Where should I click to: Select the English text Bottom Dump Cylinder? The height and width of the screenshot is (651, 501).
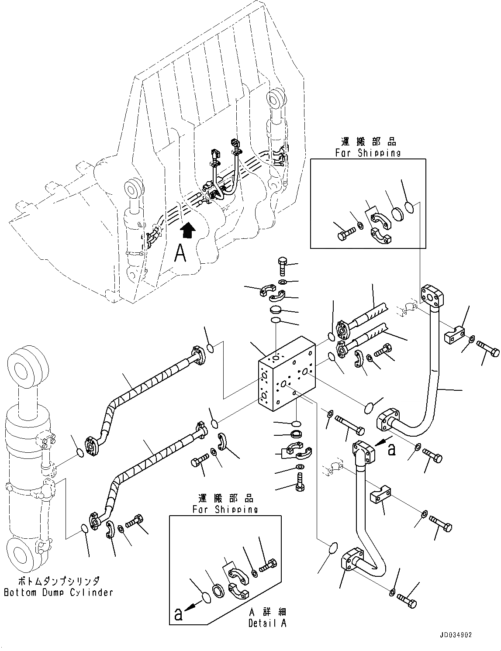59,592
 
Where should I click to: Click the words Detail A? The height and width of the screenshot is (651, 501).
267,623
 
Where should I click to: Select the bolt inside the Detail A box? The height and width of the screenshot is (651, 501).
267,566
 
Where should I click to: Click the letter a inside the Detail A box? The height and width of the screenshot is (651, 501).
178,615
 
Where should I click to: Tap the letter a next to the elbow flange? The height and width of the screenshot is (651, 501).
391,450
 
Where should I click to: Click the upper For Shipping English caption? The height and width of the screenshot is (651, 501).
368,153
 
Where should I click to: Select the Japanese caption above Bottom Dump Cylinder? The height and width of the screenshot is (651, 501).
59,581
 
